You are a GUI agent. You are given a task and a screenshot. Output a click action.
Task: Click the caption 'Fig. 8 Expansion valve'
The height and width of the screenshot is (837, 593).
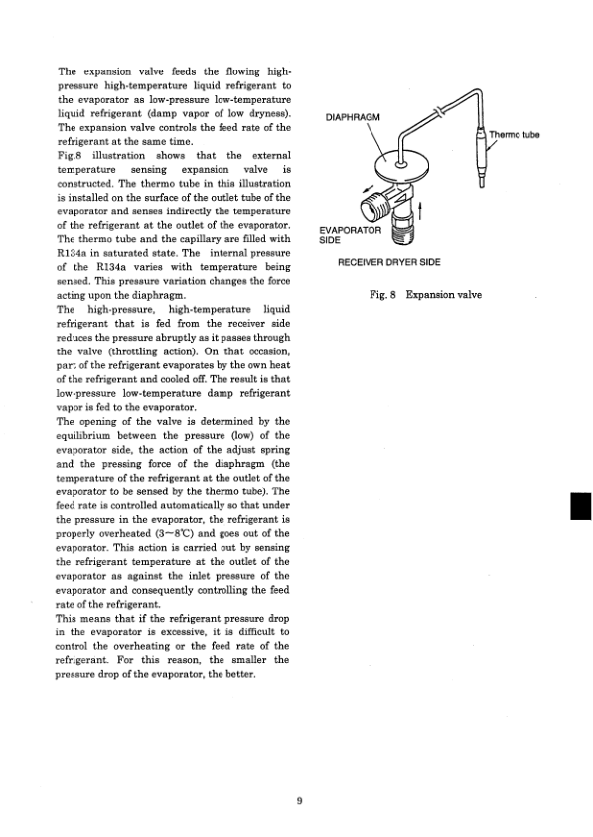[x=424, y=295]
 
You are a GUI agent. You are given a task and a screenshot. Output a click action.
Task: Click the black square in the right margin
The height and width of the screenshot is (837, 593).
[x=580, y=507]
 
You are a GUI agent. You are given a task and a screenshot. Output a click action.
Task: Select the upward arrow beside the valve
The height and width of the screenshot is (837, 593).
[x=425, y=211]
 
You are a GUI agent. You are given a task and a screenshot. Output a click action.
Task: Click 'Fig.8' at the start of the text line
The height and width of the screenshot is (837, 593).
[x=72, y=156]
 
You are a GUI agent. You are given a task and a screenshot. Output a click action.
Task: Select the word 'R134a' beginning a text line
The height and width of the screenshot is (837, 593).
[x=75, y=253]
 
